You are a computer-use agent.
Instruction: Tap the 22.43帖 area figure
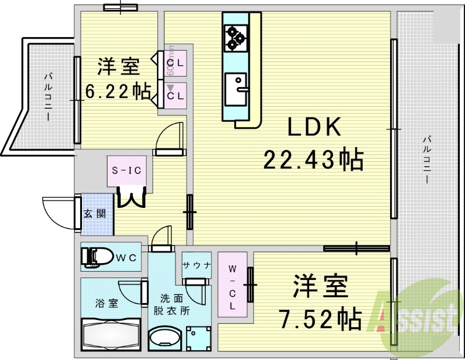pyautogui.click(x=314, y=158)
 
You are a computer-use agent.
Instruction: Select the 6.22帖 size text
pyautogui.click(x=118, y=91)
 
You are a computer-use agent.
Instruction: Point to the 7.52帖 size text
pyautogui.click(x=320, y=318)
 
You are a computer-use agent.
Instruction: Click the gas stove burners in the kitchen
pyautogui.click(x=236, y=36)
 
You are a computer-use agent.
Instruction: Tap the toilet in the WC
pyautogui.click(x=96, y=256)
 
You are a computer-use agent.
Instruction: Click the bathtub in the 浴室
pyautogui.click(x=110, y=334)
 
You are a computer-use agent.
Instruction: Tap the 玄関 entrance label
pyautogui.click(x=95, y=213)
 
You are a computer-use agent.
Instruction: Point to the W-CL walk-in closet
pyautogui.click(x=232, y=285)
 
